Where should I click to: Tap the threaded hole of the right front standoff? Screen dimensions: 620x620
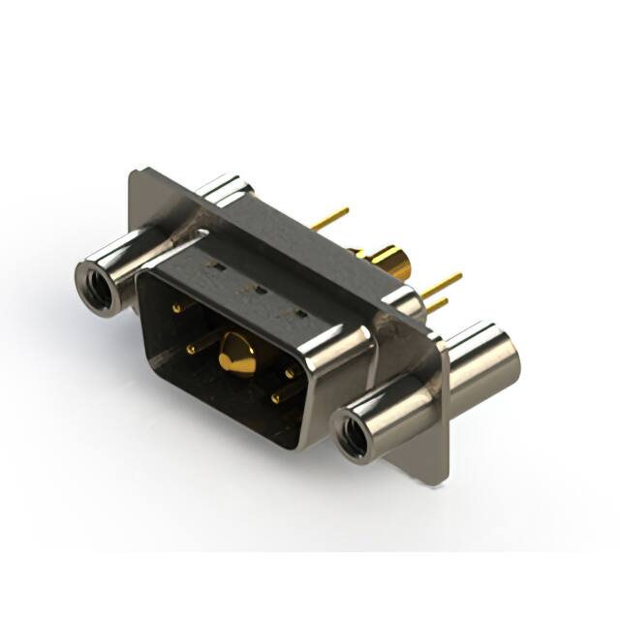350,434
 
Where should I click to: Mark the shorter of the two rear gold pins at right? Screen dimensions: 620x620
438,306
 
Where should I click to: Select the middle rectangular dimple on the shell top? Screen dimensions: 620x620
259,289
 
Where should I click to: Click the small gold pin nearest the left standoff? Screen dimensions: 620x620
176,308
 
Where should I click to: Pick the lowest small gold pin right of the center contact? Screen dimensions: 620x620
276,397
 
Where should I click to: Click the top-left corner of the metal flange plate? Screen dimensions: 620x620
134,174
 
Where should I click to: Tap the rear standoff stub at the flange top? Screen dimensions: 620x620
231,187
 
